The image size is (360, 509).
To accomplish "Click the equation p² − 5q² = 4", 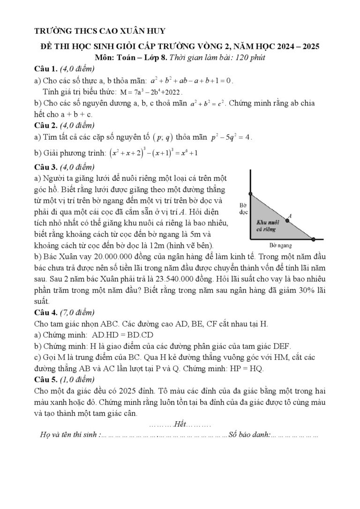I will pyautogui.click(x=232, y=137).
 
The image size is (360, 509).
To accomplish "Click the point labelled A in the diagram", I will pyautogui.click(x=288, y=220).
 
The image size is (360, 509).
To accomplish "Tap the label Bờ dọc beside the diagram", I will pyautogui.click(x=243, y=209).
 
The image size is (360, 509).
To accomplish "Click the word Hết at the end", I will pyautogui.click(x=180, y=425).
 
